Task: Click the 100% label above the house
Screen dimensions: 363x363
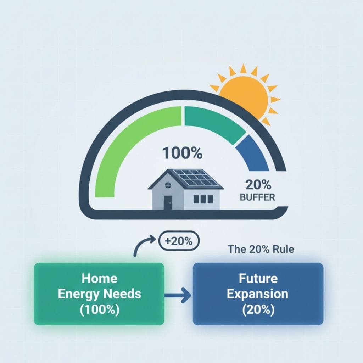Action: (182, 153)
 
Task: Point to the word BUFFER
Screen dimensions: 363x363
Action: (257, 197)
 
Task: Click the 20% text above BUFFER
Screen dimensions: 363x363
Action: (258, 185)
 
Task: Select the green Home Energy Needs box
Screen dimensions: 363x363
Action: (99, 294)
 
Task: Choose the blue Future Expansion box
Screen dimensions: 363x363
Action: (258, 294)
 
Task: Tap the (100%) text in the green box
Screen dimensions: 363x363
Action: (99, 309)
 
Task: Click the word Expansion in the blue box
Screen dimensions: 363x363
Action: (258, 294)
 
